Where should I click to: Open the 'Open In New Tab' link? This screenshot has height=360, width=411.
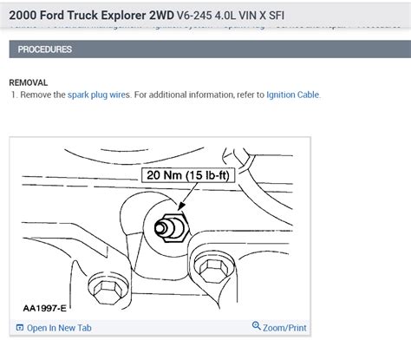coord(58,327)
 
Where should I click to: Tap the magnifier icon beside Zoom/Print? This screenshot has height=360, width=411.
coord(256,326)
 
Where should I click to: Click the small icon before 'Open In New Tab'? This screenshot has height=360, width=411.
coord(19,327)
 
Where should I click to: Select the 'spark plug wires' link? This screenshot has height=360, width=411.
coord(98,94)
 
